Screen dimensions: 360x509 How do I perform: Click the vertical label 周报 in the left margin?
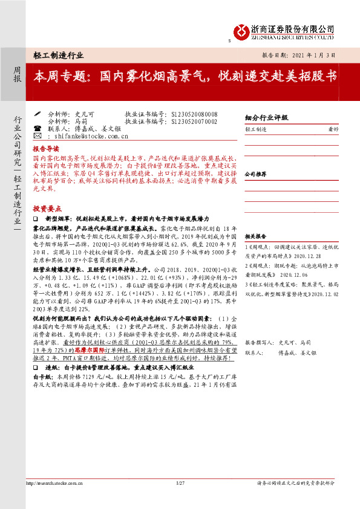17,74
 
